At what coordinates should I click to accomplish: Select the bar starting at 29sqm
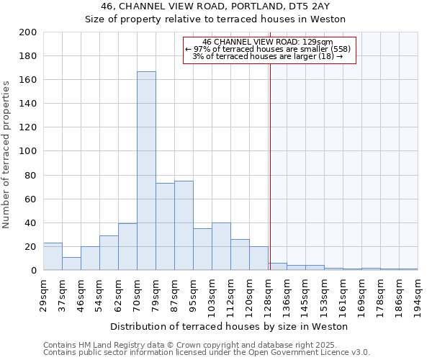click(53, 256)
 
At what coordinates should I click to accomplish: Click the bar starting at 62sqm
click(127, 247)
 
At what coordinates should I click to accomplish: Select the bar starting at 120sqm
click(258, 258)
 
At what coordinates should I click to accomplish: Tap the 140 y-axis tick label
click(28, 104)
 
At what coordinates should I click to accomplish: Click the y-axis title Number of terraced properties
click(7, 154)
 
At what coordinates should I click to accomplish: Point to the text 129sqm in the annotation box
click(318, 42)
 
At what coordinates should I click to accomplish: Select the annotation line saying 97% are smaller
click(269, 49)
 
